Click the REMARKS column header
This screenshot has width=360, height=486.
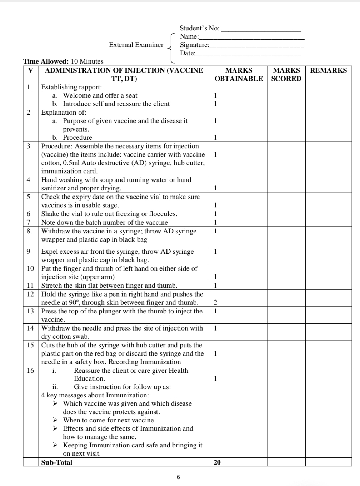(328, 70)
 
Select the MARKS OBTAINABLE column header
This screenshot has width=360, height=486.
(239, 74)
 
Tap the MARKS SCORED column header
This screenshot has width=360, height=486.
(286, 74)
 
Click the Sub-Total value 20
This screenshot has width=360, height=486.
(217, 462)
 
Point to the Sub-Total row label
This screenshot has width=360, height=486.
(57, 462)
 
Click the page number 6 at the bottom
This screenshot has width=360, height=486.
(179, 477)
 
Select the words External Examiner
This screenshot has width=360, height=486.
(136, 45)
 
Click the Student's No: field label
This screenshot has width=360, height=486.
(200, 28)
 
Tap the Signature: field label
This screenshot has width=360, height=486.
(194, 45)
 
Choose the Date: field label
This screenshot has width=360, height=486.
(187, 53)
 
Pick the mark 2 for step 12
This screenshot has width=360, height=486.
(215, 302)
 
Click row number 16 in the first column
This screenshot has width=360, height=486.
(30, 370)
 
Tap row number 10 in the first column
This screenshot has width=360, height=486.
(30, 268)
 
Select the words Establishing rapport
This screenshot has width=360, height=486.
(71, 87)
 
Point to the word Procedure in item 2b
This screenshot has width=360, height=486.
(77, 137)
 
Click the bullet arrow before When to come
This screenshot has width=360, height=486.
(55, 420)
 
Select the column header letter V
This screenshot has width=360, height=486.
(30, 70)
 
